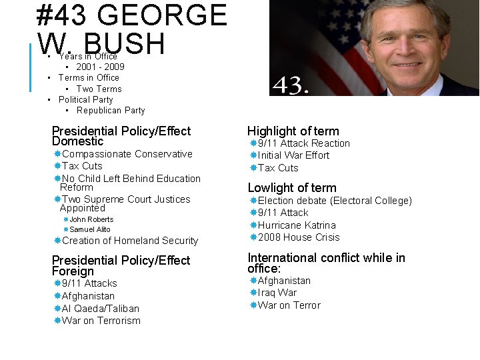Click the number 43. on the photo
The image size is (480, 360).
pyautogui.click(x=291, y=85)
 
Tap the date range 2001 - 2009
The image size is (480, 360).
pyautogui.click(x=100, y=67)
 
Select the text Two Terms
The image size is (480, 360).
pyautogui.click(x=99, y=89)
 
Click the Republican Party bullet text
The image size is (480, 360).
pyautogui.click(x=111, y=111)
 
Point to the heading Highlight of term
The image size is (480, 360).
pyautogui.click(x=293, y=131)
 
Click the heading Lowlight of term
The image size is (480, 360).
pyautogui.click(x=292, y=188)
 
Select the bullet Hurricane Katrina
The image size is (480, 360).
pyautogui.click(x=297, y=225)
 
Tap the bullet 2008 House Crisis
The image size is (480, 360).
pyautogui.click(x=299, y=237)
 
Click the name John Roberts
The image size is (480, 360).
pyautogui.click(x=91, y=219)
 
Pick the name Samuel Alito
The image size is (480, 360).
pyautogui.click(x=90, y=229)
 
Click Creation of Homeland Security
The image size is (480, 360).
pyautogui.click(x=130, y=241)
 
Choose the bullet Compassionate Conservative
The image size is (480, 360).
pyautogui.click(x=127, y=154)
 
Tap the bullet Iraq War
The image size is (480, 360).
pyautogui.click(x=277, y=293)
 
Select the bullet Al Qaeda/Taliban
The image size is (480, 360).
pyautogui.click(x=101, y=309)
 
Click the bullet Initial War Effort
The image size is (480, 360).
pyautogui.click(x=293, y=155)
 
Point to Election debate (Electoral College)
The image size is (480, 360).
pyautogui.click(x=335, y=201)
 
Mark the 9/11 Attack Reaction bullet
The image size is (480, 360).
pyautogui.click(x=303, y=143)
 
